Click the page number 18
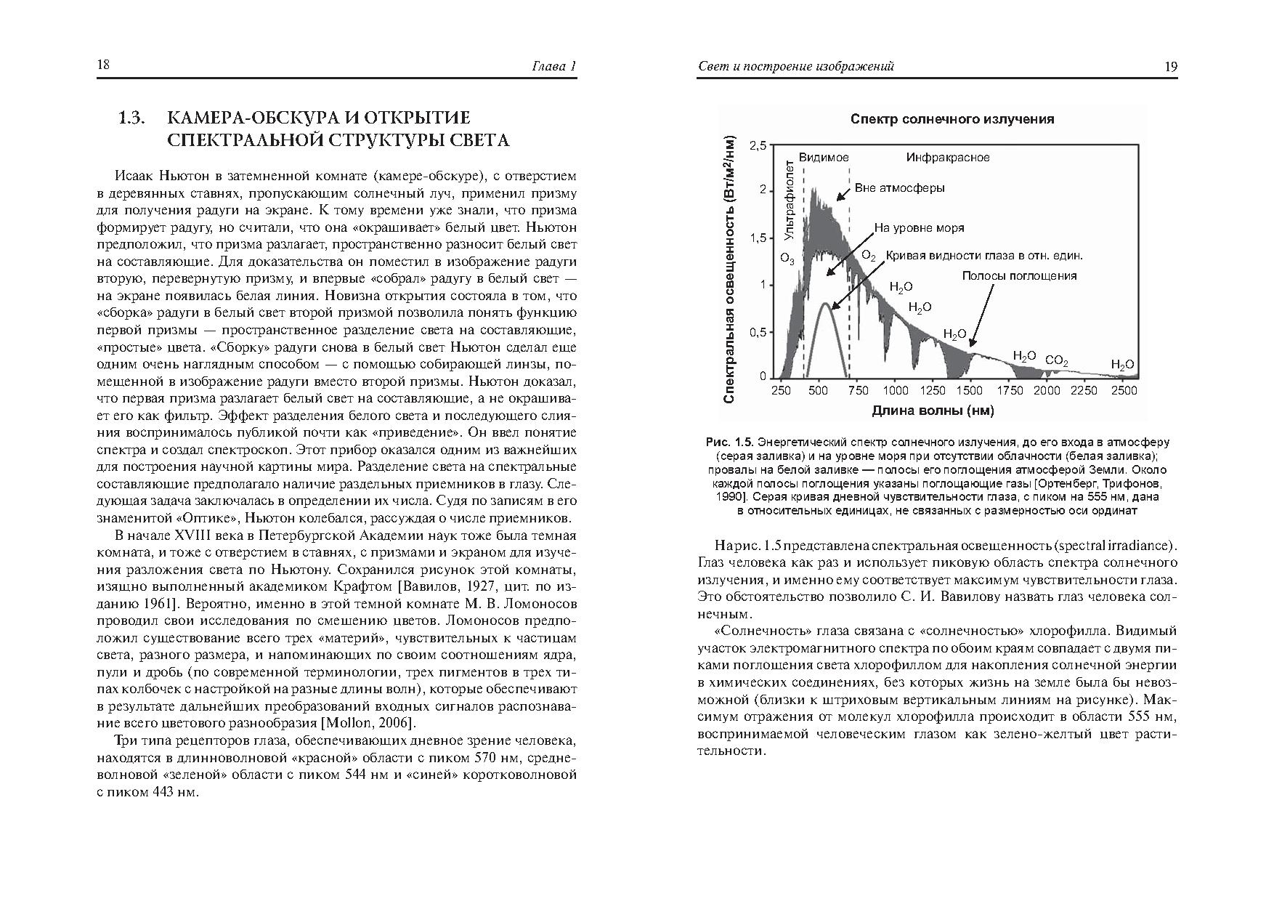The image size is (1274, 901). [103, 65]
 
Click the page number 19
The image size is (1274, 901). [1170, 66]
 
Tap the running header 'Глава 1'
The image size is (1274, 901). [554, 66]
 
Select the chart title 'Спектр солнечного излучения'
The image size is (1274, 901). [952, 118]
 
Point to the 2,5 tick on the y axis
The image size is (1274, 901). [757, 145]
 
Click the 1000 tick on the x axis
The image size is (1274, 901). [896, 390]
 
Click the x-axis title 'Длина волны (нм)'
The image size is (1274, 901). [933, 411]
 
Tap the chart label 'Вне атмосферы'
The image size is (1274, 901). [899, 187]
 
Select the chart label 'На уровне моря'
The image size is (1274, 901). [919, 227]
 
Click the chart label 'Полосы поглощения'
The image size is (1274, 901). [1019, 275]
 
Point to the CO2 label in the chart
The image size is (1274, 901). [1056, 360]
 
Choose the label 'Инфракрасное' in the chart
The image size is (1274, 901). [947, 157]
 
